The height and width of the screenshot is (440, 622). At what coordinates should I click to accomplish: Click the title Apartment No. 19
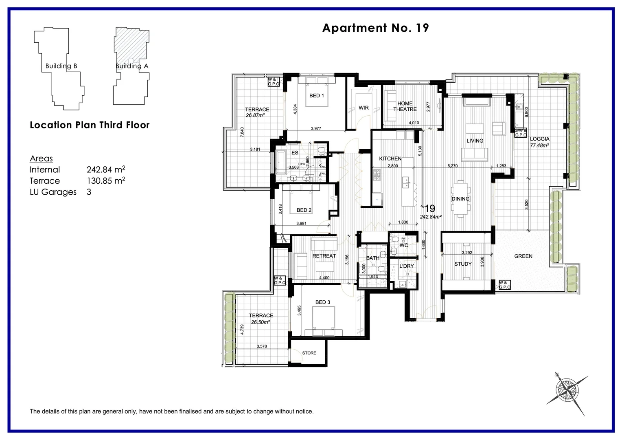tap(375, 28)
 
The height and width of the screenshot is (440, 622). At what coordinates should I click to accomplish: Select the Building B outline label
tap(61, 66)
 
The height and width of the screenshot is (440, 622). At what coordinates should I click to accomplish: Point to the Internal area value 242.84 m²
tap(105, 169)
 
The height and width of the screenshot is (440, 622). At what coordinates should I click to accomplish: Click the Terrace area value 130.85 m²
tap(105, 180)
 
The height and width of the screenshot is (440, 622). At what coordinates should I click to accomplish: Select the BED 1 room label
tap(317, 96)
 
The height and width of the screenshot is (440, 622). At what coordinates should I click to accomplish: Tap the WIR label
tap(364, 108)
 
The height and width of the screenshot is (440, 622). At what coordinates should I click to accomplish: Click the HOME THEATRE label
tap(405, 106)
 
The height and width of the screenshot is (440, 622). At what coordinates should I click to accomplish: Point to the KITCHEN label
tap(390, 158)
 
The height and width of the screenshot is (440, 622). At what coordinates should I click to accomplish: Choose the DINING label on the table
tap(460, 199)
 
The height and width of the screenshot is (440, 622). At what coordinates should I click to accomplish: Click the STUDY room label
tap(463, 264)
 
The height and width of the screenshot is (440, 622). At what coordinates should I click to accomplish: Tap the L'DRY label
tap(406, 266)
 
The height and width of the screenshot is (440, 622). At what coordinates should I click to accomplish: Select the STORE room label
tap(309, 353)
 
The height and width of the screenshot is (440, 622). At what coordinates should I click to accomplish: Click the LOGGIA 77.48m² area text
tap(539, 142)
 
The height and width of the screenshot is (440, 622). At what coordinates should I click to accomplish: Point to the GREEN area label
tap(523, 256)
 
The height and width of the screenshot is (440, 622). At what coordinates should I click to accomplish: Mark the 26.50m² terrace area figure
tap(261, 322)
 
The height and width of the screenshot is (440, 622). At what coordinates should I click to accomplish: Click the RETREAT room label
tap(324, 256)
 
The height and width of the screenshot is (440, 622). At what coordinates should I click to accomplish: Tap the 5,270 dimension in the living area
tap(452, 166)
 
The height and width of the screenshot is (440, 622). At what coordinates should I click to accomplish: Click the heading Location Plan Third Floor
tap(90, 125)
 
